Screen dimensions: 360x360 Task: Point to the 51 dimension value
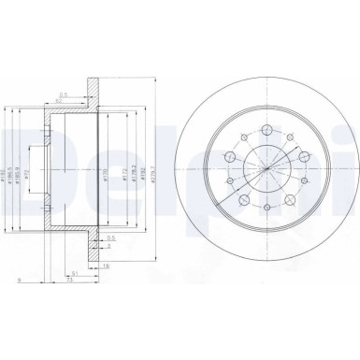pyautogui.click(x=74, y=272)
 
